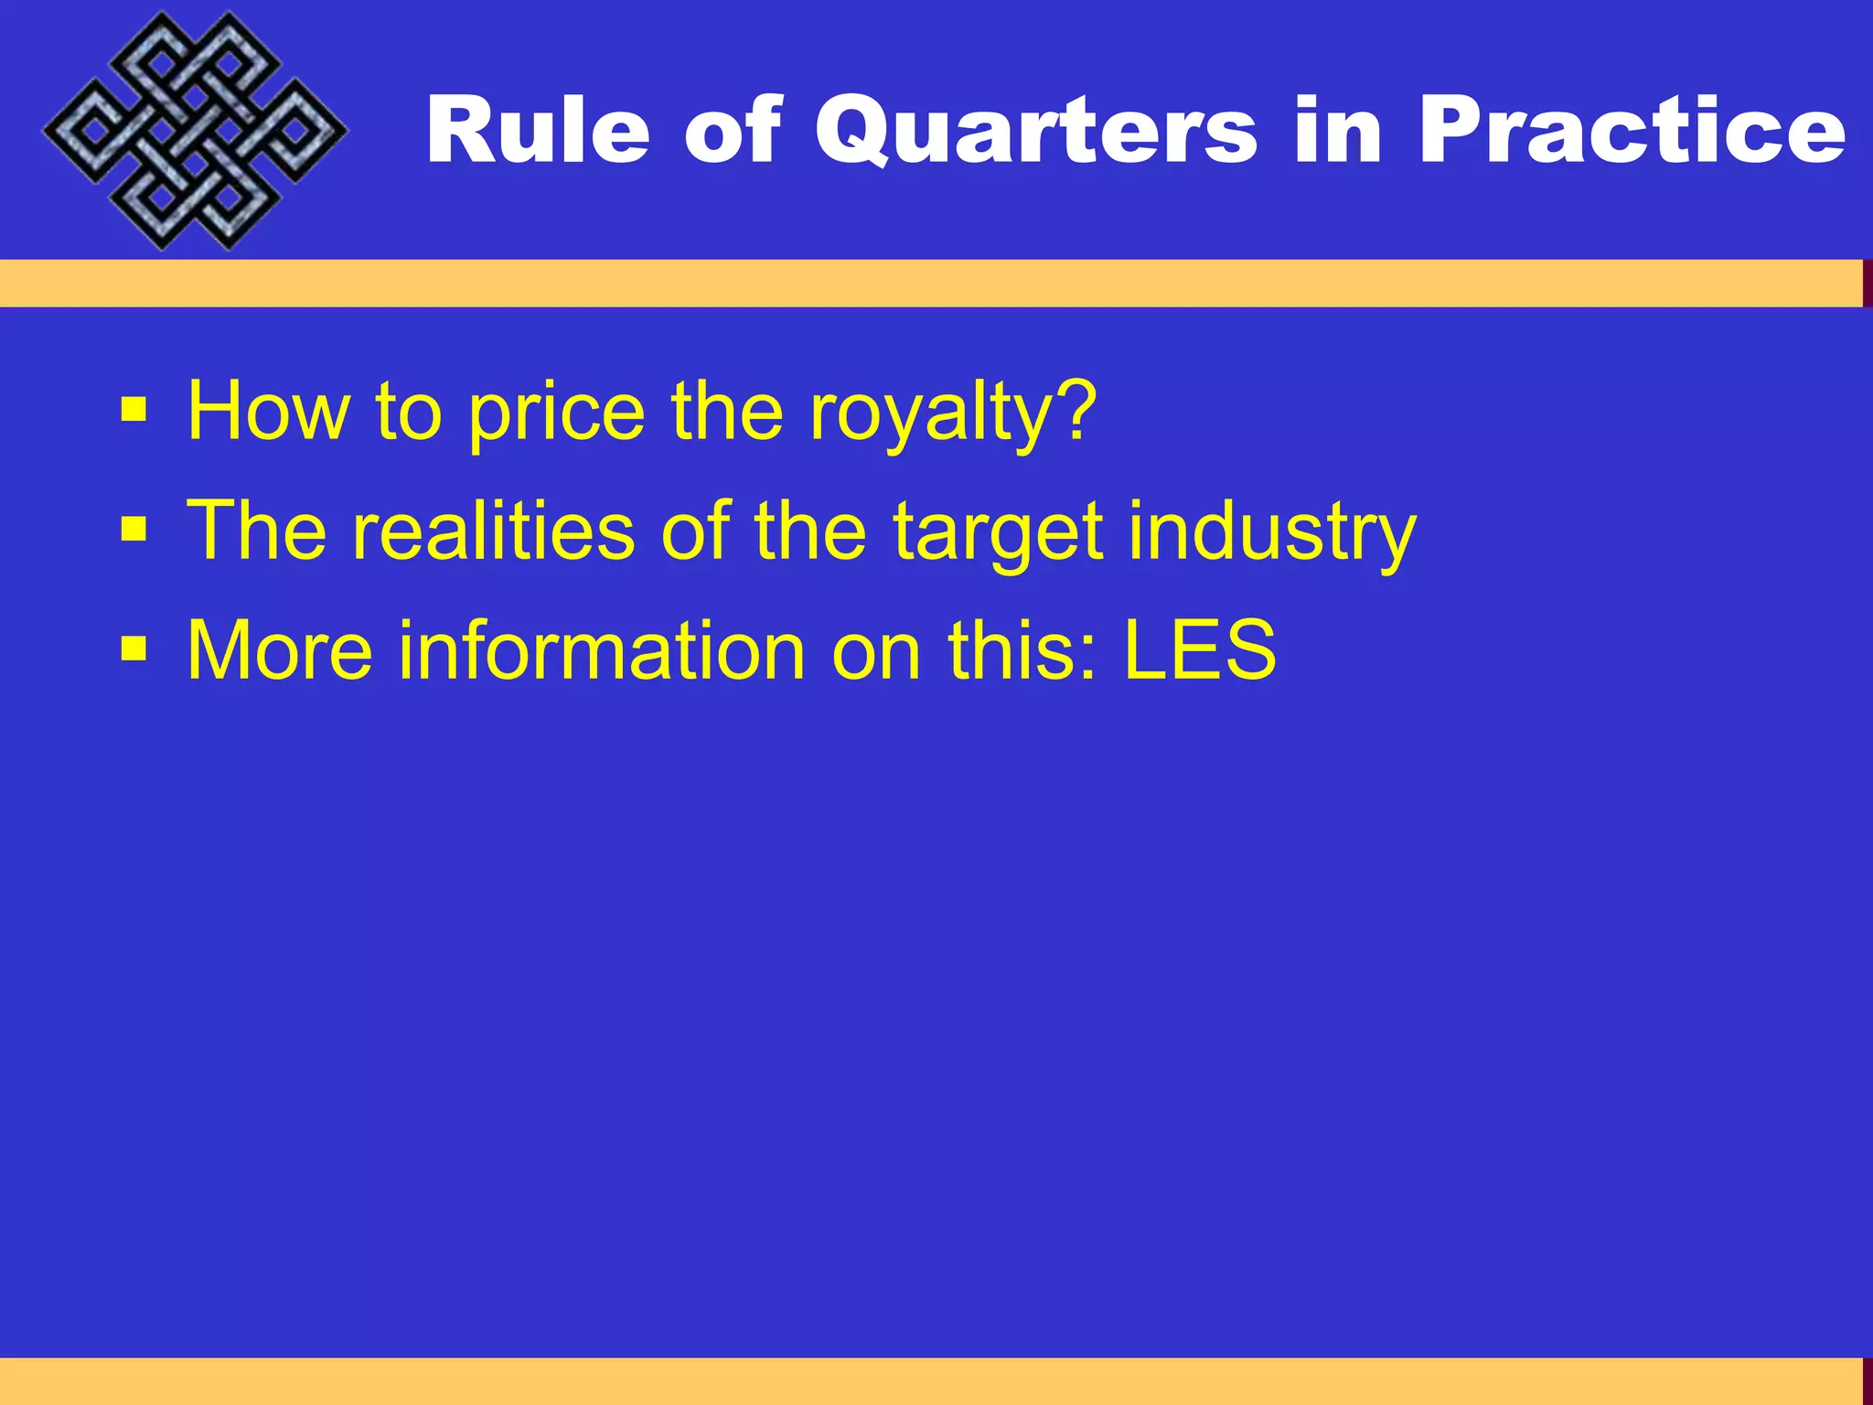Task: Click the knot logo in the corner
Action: click(194, 131)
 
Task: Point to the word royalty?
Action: click(952, 413)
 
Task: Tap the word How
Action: click(268, 413)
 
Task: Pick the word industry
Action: click(1272, 532)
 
